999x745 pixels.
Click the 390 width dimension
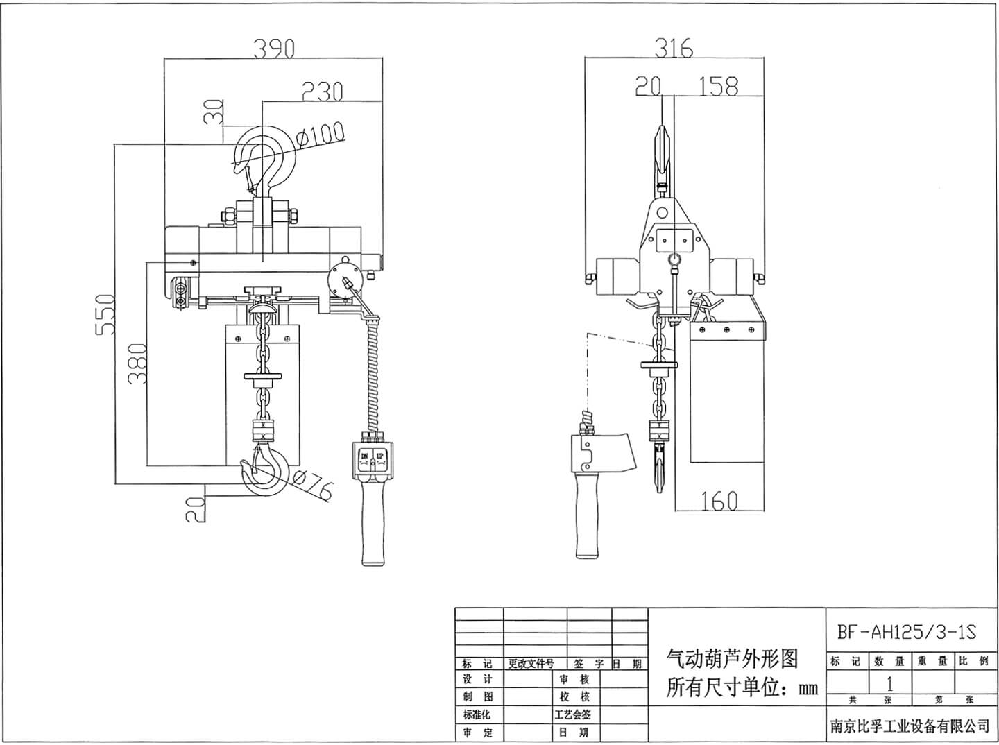coord(273,49)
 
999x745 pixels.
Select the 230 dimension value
coord(322,92)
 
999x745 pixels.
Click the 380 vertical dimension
coord(137,363)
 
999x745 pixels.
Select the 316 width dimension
coord(674,49)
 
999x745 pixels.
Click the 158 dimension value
coord(718,87)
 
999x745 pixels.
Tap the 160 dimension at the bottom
coord(718,500)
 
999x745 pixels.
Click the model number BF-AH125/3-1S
coord(906,632)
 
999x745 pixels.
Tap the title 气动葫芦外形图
coord(732,658)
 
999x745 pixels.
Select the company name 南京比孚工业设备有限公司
coord(910,726)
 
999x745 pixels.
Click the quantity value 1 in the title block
coord(889,683)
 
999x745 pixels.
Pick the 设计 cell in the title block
coord(478,679)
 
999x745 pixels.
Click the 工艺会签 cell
coord(573,714)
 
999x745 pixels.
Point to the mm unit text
coord(808,689)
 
